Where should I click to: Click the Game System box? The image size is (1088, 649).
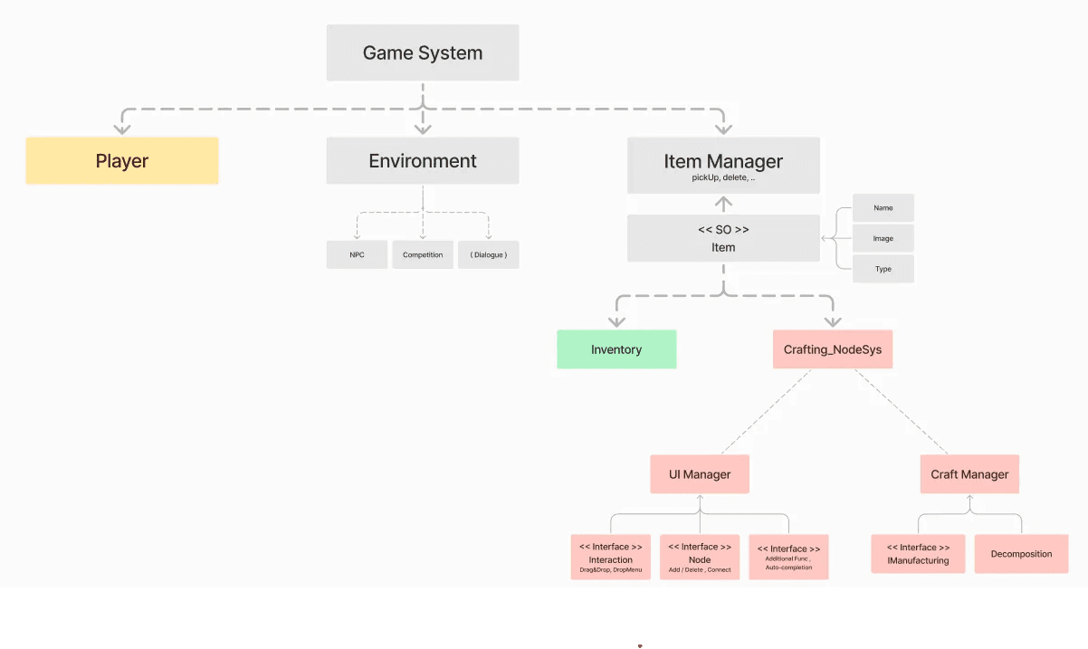pos(423,52)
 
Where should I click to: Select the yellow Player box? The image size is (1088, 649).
pos(122,160)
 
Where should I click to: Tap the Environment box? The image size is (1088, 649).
pos(423,160)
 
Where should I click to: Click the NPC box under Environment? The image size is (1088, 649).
pos(357,254)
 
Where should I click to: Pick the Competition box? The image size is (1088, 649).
pos(423,254)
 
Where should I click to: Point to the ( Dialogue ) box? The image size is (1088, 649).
pos(489,254)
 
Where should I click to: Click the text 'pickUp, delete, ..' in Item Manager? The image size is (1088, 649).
pos(723,177)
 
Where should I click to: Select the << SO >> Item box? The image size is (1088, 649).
pos(723,238)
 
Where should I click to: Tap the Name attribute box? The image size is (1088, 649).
pos(883,207)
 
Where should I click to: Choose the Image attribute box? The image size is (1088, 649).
pos(883,238)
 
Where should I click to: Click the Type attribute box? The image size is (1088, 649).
pos(883,269)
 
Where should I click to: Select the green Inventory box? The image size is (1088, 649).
pos(616,349)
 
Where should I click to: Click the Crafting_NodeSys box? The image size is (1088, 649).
pos(833,349)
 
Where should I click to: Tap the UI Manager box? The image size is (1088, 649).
pos(700,474)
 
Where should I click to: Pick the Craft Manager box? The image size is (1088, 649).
pos(969,474)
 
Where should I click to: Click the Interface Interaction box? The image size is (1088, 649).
pos(611,557)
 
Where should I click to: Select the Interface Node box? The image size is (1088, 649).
pos(700,557)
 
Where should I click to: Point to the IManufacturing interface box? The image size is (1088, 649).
pos(918,554)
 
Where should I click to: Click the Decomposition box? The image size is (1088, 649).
pos(1021,554)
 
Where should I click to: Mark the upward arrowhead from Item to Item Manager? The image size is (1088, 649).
pos(723,201)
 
